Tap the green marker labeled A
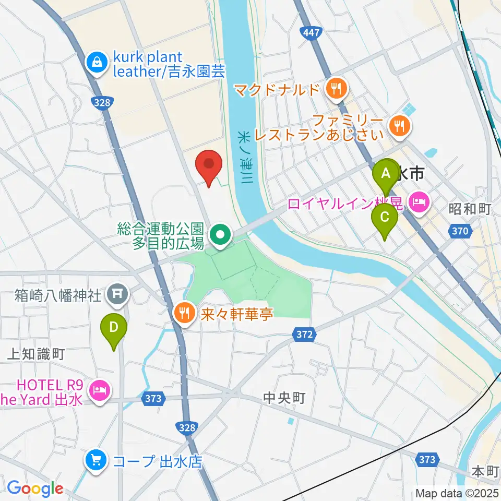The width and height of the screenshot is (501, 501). tap(386, 174)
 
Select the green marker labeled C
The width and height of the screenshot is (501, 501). tap(385, 217)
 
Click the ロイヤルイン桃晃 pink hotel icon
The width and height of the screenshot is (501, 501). tap(420, 200)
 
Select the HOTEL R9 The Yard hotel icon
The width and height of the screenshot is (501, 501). tap(100, 390)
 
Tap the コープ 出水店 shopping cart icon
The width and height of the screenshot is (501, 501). tap(97, 460)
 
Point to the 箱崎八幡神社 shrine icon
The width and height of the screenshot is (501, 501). tap(116, 295)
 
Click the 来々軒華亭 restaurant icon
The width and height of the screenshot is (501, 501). tap(183, 313)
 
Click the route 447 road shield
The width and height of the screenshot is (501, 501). tap(311, 33)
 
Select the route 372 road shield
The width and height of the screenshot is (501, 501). tap(304, 335)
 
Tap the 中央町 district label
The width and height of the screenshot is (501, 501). tap(284, 399)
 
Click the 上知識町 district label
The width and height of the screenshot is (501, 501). tap(35, 354)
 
